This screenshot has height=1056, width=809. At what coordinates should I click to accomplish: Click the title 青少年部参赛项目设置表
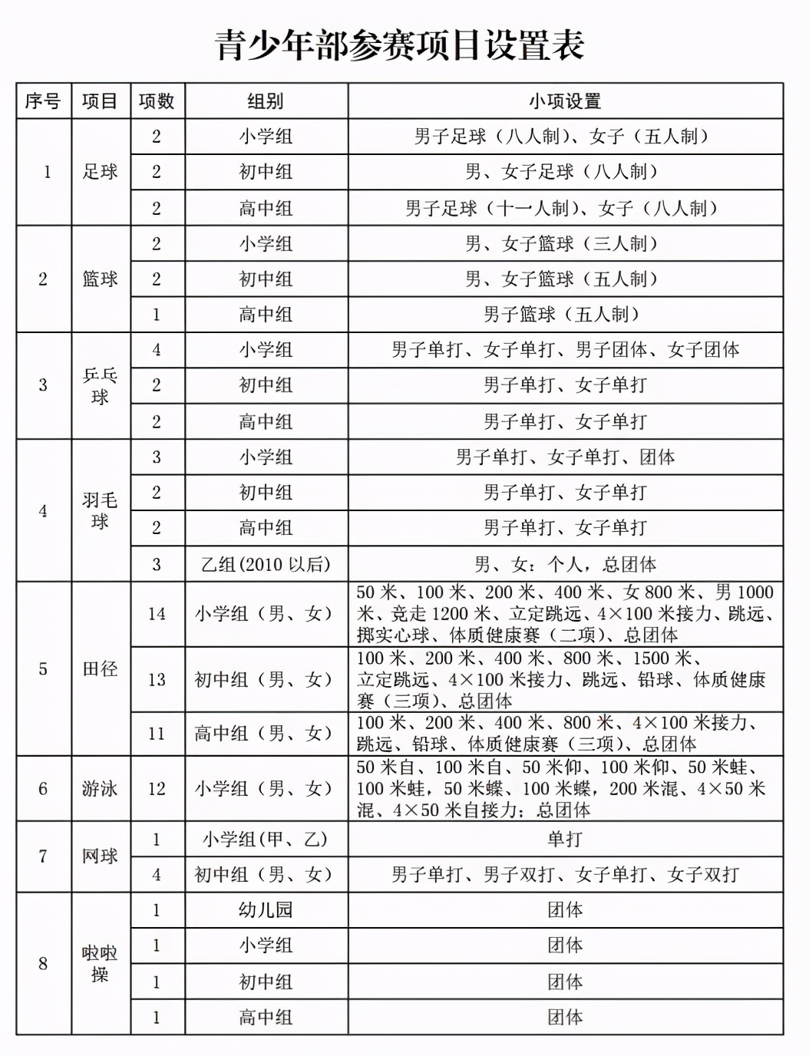coord(401,45)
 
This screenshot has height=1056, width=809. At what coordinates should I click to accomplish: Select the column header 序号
coord(43,101)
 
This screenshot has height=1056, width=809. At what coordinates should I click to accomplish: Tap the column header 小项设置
coord(565,101)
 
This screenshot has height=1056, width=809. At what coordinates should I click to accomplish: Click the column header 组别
coord(266,101)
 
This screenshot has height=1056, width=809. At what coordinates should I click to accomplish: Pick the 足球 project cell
coord(101,172)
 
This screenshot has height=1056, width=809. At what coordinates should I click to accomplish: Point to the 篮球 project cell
coord(101,279)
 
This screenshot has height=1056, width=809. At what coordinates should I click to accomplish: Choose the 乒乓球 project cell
coord(101,385)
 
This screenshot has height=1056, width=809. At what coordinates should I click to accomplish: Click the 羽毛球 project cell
coord(101,510)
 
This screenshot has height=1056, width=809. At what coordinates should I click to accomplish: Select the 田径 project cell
coord(101,668)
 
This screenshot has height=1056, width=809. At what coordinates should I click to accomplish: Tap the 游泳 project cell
coord(101,788)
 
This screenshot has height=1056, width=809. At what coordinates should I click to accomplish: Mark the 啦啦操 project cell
coord(101,963)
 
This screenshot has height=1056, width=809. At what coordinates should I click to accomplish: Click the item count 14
coord(157,613)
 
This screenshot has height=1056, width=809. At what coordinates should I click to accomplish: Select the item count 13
coord(157,679)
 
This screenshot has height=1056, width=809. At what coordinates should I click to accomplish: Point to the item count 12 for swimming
coord(157,788)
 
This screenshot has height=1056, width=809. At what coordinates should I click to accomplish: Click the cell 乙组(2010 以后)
coord(266,564)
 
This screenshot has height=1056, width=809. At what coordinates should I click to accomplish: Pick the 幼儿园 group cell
coord(266,910)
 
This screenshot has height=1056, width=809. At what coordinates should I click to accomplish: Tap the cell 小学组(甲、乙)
coord(266,839)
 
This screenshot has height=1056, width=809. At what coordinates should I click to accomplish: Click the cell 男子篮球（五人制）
coord(565,315)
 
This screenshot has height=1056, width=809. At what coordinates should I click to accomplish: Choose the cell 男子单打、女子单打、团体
coord(565,457)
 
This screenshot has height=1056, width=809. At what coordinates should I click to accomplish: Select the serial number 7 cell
coord(43,856)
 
